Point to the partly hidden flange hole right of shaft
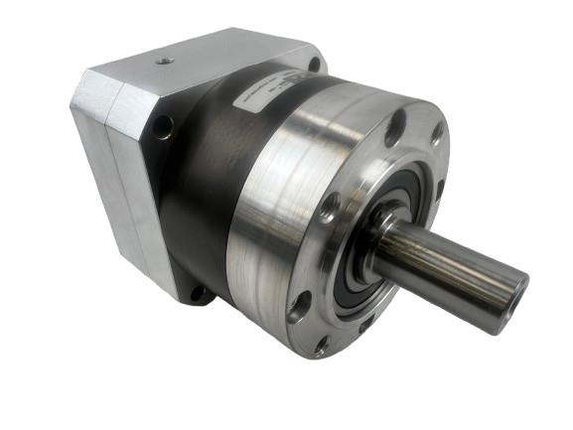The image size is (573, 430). tap(441, 188)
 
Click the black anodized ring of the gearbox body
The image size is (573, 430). tap(199, 199)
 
